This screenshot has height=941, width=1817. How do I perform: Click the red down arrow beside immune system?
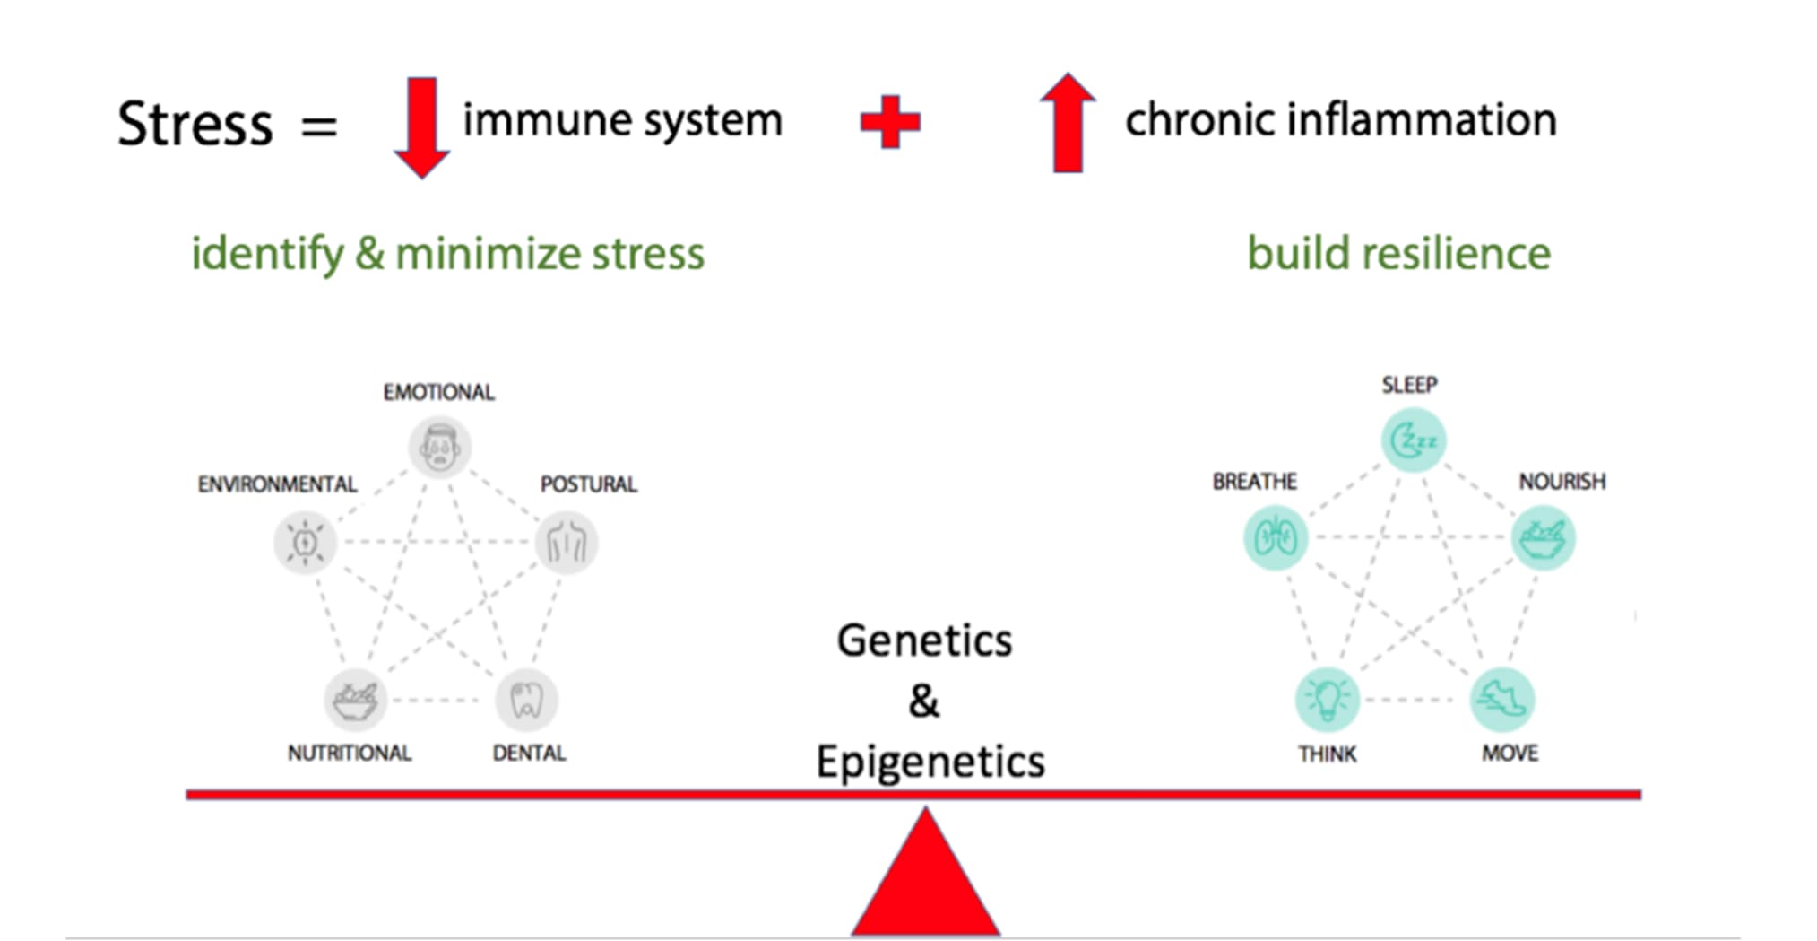pos(421,127)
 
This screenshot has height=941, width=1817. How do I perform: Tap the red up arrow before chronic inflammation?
pos(1067,122)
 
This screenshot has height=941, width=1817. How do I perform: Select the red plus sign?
pos(890,122)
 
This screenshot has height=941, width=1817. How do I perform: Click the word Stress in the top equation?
pos(195,124)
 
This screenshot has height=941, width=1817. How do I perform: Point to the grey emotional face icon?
pos(439,447)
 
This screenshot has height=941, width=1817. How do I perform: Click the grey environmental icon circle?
pos(305,543)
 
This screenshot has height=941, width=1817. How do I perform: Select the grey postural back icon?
pos(567,543)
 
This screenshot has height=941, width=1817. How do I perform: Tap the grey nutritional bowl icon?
pos(355,700)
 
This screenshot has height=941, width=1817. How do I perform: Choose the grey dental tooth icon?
pos(527,700)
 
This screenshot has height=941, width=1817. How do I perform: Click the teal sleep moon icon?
pos(1414,440)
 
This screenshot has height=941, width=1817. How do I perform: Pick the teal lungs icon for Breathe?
pos(1276,538)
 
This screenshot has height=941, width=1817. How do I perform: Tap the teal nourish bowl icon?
pos(1543,538)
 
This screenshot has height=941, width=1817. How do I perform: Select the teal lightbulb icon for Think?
pos(1328,699)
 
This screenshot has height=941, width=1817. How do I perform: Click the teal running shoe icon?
pos(1502,699)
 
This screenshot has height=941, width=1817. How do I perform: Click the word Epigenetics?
pos(930,762)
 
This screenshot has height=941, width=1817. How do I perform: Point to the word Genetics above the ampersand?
pos(924,640)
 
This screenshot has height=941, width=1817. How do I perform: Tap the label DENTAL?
pos(529,753)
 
